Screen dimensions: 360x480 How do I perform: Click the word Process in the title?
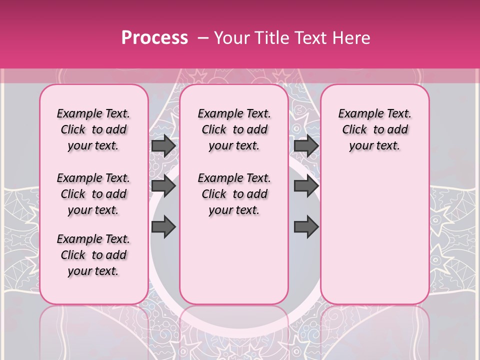point(154,38)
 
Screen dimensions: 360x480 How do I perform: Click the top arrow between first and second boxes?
point(163,146)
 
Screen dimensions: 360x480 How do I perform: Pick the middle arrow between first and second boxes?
point(163,186)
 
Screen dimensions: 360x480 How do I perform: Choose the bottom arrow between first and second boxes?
point(163,226)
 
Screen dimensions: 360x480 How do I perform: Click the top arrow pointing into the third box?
point(306,146)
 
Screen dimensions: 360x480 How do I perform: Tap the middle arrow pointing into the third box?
point(306,186)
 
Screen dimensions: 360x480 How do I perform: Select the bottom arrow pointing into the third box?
point(306,226)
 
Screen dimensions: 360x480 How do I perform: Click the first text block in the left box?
point(93,130)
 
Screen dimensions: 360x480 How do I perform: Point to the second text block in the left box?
point(93,194)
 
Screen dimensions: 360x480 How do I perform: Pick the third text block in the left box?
point(93,255)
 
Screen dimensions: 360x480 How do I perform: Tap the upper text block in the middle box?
point(234,130)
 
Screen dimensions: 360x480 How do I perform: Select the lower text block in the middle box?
point(234,194)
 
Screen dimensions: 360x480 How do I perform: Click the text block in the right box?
point(374,130)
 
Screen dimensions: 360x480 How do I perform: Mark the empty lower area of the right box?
point(374,230)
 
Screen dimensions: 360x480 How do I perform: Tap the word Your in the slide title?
point(231,38)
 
